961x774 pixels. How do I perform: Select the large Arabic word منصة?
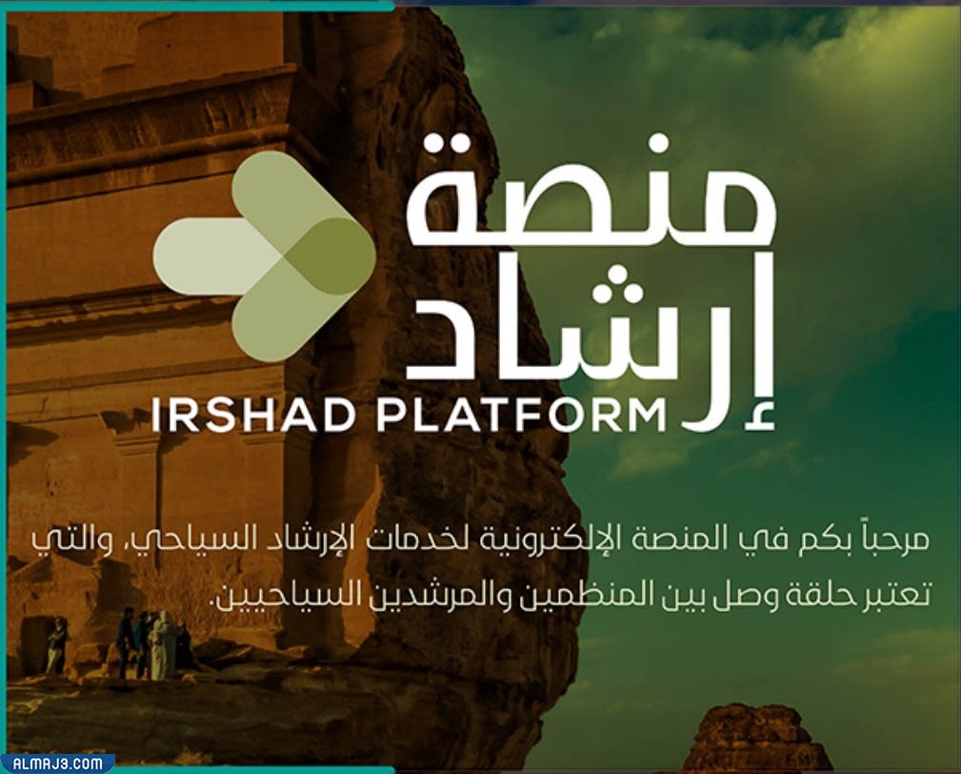(591, 196)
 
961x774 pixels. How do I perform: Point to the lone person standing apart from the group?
(58, 646)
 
